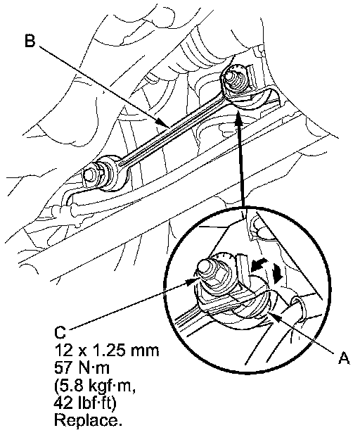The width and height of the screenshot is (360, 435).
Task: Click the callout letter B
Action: coord(30,40)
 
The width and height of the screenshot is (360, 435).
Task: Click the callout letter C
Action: coord(60,332)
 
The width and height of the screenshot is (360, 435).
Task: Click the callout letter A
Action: coord(344,358)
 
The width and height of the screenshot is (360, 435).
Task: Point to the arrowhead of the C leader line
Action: coord(191,282)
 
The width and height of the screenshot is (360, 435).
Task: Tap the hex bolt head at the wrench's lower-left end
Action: coord(90,175)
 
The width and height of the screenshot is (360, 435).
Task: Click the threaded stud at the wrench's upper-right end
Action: coord(234,78)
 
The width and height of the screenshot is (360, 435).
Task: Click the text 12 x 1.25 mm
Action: coord(107,350)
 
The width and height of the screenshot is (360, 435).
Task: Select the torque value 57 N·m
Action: coord(82,368)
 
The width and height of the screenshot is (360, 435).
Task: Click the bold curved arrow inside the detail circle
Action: coord(259,265)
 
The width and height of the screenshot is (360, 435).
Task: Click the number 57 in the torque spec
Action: coord(62,368)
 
